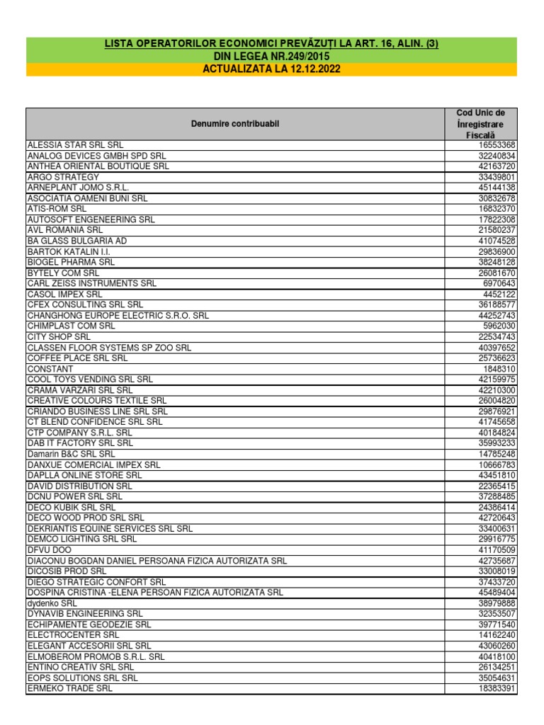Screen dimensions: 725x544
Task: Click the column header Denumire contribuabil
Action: (235, 124)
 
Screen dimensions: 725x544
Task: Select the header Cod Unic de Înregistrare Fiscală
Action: (480, 124)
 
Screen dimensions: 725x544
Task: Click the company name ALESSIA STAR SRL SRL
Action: (75, 145)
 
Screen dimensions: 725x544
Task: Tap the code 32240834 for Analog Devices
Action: (497, 156)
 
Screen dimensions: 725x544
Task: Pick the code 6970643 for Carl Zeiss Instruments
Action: (499, 283)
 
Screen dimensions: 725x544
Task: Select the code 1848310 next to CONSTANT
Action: (499, 369)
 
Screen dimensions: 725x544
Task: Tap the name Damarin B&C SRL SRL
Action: (71, 454)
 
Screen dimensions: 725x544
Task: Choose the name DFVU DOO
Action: (49, 550)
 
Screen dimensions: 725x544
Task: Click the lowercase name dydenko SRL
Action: (52, 603)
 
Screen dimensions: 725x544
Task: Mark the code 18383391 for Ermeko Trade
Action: (497, 688)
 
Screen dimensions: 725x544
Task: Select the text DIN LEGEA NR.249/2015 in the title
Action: (272, 57)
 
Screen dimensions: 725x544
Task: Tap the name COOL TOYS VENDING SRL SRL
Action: (90, 379)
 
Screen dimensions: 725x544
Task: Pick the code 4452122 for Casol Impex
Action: (499, 294)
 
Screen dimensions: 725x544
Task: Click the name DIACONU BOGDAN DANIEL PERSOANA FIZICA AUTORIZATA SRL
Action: (157, 561)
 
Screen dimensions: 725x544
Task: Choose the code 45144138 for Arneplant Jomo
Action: (497, 188)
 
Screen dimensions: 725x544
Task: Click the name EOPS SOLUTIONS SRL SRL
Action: (82, 678)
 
